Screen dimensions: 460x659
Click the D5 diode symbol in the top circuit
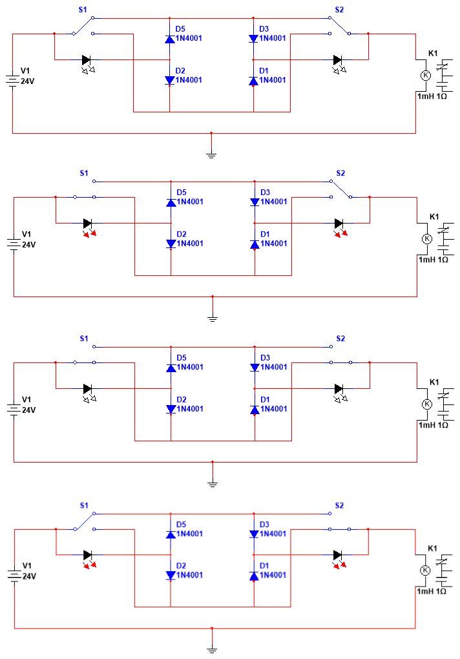(170, 39)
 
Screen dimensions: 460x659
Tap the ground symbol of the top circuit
(211, 155)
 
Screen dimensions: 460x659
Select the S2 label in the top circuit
(339, 10)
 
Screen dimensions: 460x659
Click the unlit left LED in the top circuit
(88, 63)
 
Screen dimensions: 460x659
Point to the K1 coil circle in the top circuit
(426, 75)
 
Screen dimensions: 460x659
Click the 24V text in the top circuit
(28, 81)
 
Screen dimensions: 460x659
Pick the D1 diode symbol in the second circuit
(255, 244)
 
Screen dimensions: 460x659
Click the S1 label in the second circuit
(84, 173)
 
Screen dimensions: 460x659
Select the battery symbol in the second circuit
(14, 244)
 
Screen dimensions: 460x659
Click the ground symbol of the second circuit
(213, 319)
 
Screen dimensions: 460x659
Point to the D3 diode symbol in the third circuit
(255, 368)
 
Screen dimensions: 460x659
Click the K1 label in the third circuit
(434, 382)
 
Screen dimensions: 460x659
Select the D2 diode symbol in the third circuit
(171, 409)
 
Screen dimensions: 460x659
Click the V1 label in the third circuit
(26, 399)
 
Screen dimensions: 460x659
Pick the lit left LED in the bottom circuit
(89, 558)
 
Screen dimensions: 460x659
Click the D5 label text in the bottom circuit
(181, 525)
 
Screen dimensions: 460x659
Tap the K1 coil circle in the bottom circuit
(425, 570)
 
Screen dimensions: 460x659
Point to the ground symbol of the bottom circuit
(212, 650)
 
